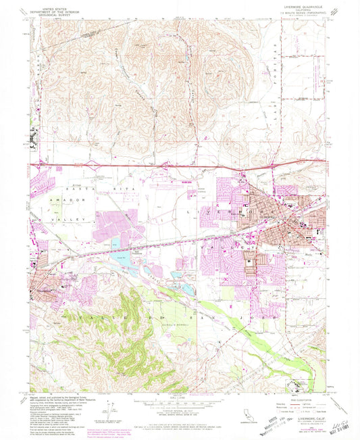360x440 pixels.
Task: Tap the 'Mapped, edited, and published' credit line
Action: (60, 397)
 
